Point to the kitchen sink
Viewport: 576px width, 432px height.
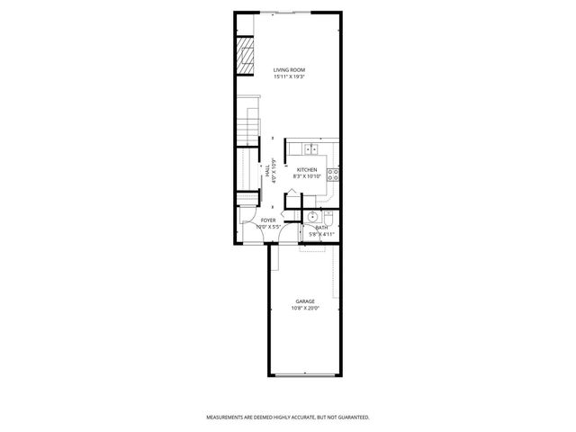[310, 148]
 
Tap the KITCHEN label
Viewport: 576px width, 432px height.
[307, 170]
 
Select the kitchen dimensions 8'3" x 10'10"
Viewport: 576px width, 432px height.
[307, 177]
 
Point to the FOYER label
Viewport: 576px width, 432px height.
[268, 220]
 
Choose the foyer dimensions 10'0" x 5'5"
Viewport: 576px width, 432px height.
[268, 228]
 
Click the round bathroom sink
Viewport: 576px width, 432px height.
[311, 217]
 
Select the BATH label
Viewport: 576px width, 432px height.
[321, 228]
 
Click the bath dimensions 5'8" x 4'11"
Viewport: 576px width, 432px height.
[321, 235]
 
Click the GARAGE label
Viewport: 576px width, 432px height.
[305, 301]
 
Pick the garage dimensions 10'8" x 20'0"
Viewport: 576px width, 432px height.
[305, 309]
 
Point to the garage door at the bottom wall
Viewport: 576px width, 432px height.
[306, 374]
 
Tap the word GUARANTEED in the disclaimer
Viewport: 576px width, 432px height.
[351, 418]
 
